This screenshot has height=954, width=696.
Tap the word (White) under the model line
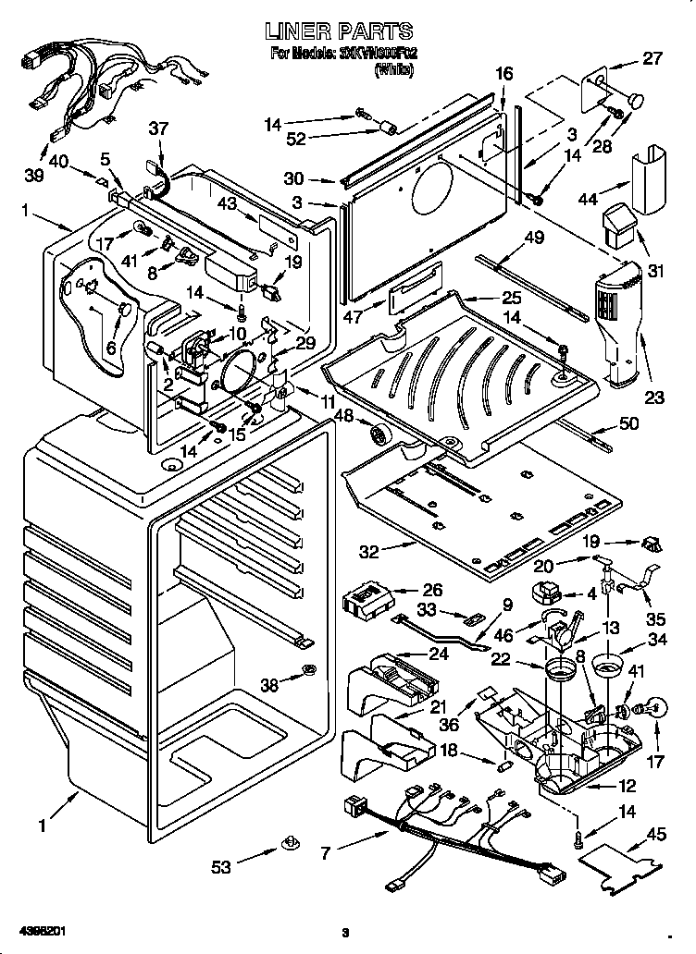(x=394, y=68)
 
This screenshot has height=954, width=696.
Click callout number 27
(x=652, y=57)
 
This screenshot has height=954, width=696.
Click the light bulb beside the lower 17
(x=650, y=709)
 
